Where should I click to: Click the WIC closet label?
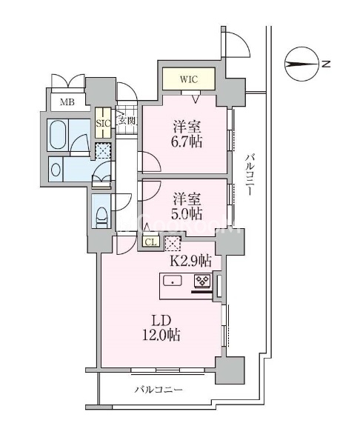188,79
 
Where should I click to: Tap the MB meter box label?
67,102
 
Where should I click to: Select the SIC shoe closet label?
103,124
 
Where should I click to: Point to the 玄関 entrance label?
126,121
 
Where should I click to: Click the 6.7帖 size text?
188,142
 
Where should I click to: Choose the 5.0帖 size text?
187,213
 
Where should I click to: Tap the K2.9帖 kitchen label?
191,261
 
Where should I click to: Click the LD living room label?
161,321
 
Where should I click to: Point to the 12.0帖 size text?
161,336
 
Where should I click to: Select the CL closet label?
150,242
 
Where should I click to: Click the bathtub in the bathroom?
59,135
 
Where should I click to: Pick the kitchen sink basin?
173,281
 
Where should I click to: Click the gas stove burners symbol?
202,281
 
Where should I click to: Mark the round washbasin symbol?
56,170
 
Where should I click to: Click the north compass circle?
301,64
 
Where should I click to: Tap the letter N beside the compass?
327,64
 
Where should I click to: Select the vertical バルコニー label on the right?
250,175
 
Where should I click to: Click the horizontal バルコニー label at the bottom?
159,390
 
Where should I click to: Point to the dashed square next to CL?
173,244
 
